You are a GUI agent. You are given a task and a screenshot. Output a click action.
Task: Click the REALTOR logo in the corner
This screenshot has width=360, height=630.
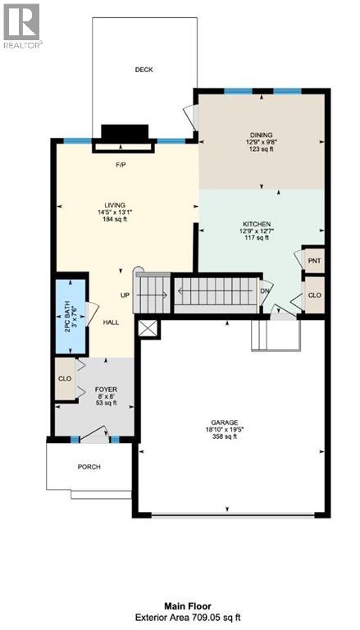[22, 25]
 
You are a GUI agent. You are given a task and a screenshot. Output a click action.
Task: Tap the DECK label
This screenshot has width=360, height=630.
[144, 71]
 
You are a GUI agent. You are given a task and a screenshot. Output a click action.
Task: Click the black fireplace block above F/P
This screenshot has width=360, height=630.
[124, 134]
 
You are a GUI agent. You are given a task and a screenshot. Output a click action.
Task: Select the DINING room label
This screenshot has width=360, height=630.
[262, 135]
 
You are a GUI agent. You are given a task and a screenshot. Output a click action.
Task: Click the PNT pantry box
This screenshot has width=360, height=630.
[314, 260]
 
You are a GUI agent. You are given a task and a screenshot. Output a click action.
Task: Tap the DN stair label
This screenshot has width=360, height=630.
[264, 290]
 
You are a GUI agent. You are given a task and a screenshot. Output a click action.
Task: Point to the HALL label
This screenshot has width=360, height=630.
[111, 322]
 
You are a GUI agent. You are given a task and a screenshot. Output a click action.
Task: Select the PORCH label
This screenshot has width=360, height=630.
[89, 467]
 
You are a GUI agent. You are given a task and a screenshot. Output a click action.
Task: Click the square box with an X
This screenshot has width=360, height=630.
[148, 329]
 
